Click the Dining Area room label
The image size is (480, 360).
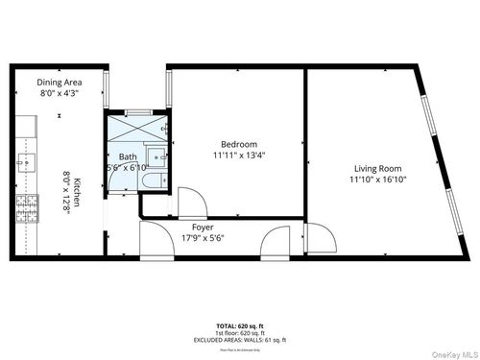pos(58,83)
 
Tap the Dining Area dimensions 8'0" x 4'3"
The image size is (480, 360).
pos(58,94)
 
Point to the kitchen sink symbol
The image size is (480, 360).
pos(24,162)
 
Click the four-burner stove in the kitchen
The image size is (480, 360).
pos(26,205)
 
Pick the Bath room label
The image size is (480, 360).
pos(128,156)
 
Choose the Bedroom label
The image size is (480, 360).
pos(236,144)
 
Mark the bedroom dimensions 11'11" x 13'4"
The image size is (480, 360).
pos(236,156)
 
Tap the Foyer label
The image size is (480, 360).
pos(203,228)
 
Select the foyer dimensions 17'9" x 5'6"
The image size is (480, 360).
pos(203,239)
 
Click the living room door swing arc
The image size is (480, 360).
pos(321,237)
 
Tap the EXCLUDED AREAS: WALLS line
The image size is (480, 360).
pos(239,341)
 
